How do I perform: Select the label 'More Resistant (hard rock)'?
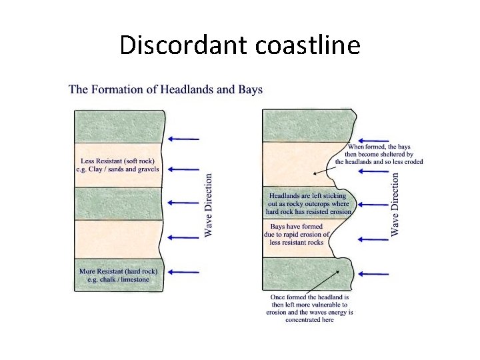(x=118, y=271)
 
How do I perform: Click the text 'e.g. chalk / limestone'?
(x=118, y=279)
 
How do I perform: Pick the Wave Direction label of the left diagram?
(x=209, y=205)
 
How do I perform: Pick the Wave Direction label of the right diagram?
(x=395, y=204)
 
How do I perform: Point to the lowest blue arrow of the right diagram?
(x=373, y=274)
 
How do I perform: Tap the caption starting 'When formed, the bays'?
(x=379, y=154)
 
